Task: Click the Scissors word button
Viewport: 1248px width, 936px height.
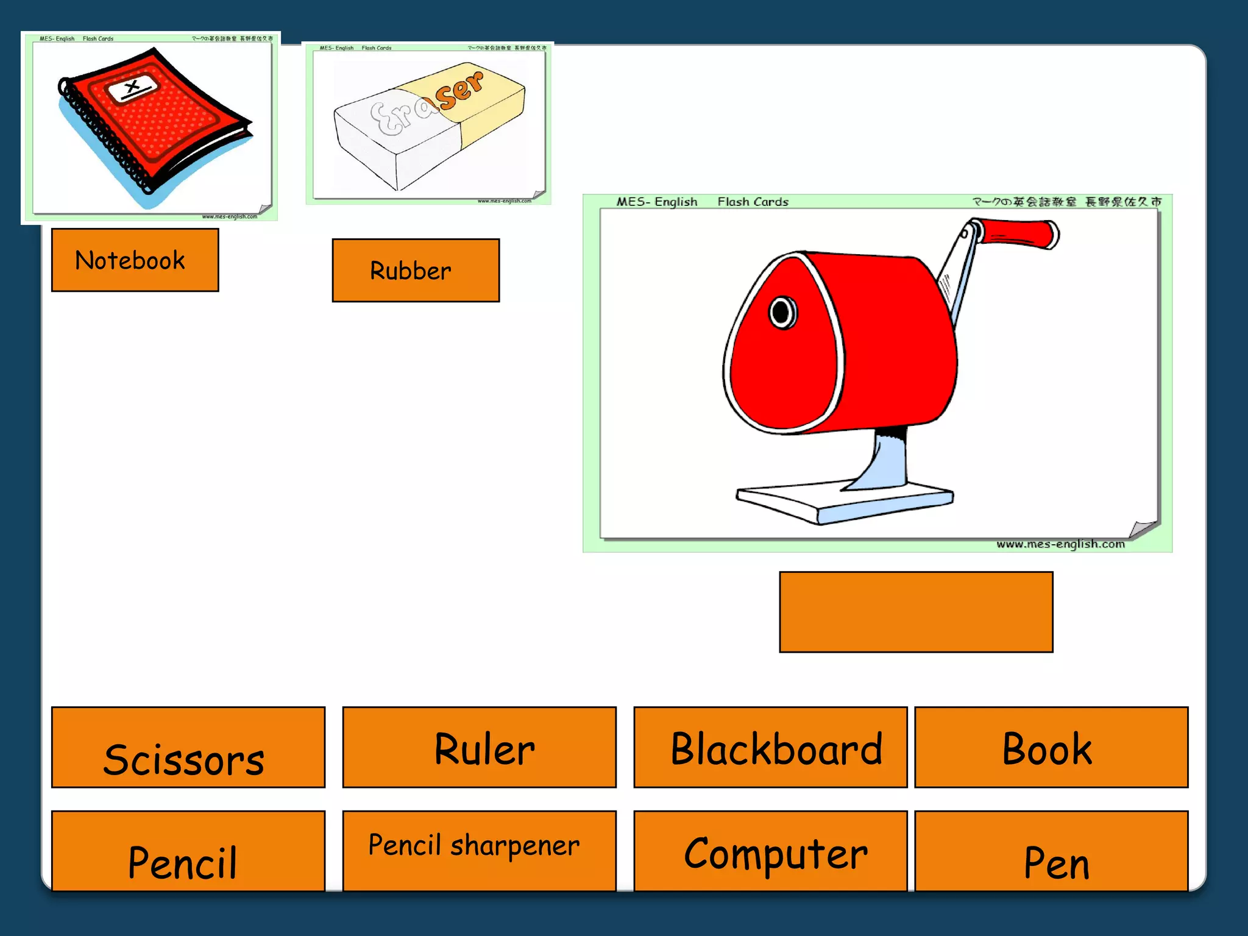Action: [188, 747]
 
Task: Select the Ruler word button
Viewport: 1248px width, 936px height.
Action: [479, 747]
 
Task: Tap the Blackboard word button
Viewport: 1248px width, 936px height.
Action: [770, 747]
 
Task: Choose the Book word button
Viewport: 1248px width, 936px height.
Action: [1051, 747]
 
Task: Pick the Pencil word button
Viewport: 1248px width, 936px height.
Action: [188, 851]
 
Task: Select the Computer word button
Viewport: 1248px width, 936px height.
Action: [770, 851]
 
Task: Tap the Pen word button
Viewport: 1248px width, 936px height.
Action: [1051, 851]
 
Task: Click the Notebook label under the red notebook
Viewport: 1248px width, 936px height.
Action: [135, 260]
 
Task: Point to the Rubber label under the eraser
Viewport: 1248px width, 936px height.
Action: [416, 271]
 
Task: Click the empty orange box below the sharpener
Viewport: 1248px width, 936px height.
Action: [915, 612]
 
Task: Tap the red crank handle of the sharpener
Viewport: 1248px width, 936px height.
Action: [1019, 234]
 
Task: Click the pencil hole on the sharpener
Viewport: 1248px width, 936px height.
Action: [782, 313]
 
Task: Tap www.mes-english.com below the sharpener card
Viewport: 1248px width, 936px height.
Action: [1060, 544]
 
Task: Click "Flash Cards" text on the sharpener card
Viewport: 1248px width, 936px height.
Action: [753, 202]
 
